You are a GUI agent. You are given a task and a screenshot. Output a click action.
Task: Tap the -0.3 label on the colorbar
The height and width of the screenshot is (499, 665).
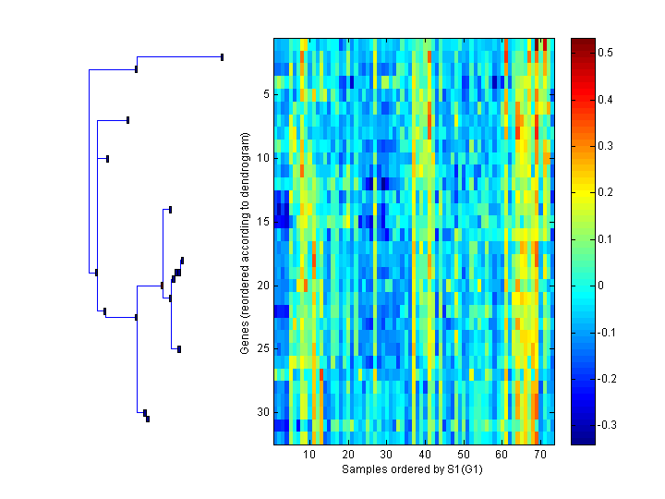click(x=611, y=425)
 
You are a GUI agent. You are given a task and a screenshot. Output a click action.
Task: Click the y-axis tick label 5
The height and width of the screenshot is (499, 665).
click(x=265, y=93)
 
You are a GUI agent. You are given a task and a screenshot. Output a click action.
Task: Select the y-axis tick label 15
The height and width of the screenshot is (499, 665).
click(x=262, y=221)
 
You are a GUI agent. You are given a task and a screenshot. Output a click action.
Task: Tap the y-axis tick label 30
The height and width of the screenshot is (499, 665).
click(x=262, y=412)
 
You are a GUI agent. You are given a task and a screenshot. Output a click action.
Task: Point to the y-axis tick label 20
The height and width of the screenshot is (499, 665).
click(x=262, y=285)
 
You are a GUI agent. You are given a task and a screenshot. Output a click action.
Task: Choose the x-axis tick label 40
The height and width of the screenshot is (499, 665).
click(x=425, y=456)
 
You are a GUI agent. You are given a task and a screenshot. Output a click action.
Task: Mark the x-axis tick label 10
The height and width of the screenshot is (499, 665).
click(x=309, y=456)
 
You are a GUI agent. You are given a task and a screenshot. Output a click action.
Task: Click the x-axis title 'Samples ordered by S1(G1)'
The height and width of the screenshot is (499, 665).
click(x=413, y=469)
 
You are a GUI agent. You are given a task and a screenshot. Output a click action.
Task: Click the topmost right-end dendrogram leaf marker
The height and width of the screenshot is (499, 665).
click(x=223, y=57)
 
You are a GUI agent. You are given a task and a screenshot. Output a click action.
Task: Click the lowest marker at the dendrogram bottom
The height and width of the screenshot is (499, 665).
click(x=148, y=420)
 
